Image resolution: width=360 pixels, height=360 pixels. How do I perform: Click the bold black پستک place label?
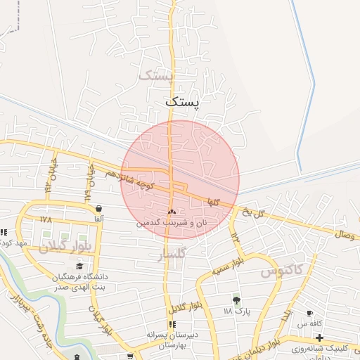(182, 102)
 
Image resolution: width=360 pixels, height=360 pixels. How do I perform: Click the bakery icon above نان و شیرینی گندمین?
(172, 211)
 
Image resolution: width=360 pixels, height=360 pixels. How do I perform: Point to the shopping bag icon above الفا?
(98, 209)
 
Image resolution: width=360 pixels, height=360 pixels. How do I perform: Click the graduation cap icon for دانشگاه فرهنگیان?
(79, 266)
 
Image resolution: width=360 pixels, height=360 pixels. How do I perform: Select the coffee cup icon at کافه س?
(310, 313)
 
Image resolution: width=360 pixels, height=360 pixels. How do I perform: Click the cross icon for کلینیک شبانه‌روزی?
(320, 337)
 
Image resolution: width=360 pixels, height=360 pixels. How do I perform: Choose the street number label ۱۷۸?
(46, 219)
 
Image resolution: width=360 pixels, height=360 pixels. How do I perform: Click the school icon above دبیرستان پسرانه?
(171, 324)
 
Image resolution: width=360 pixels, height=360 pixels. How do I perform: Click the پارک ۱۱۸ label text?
(237, 311)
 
